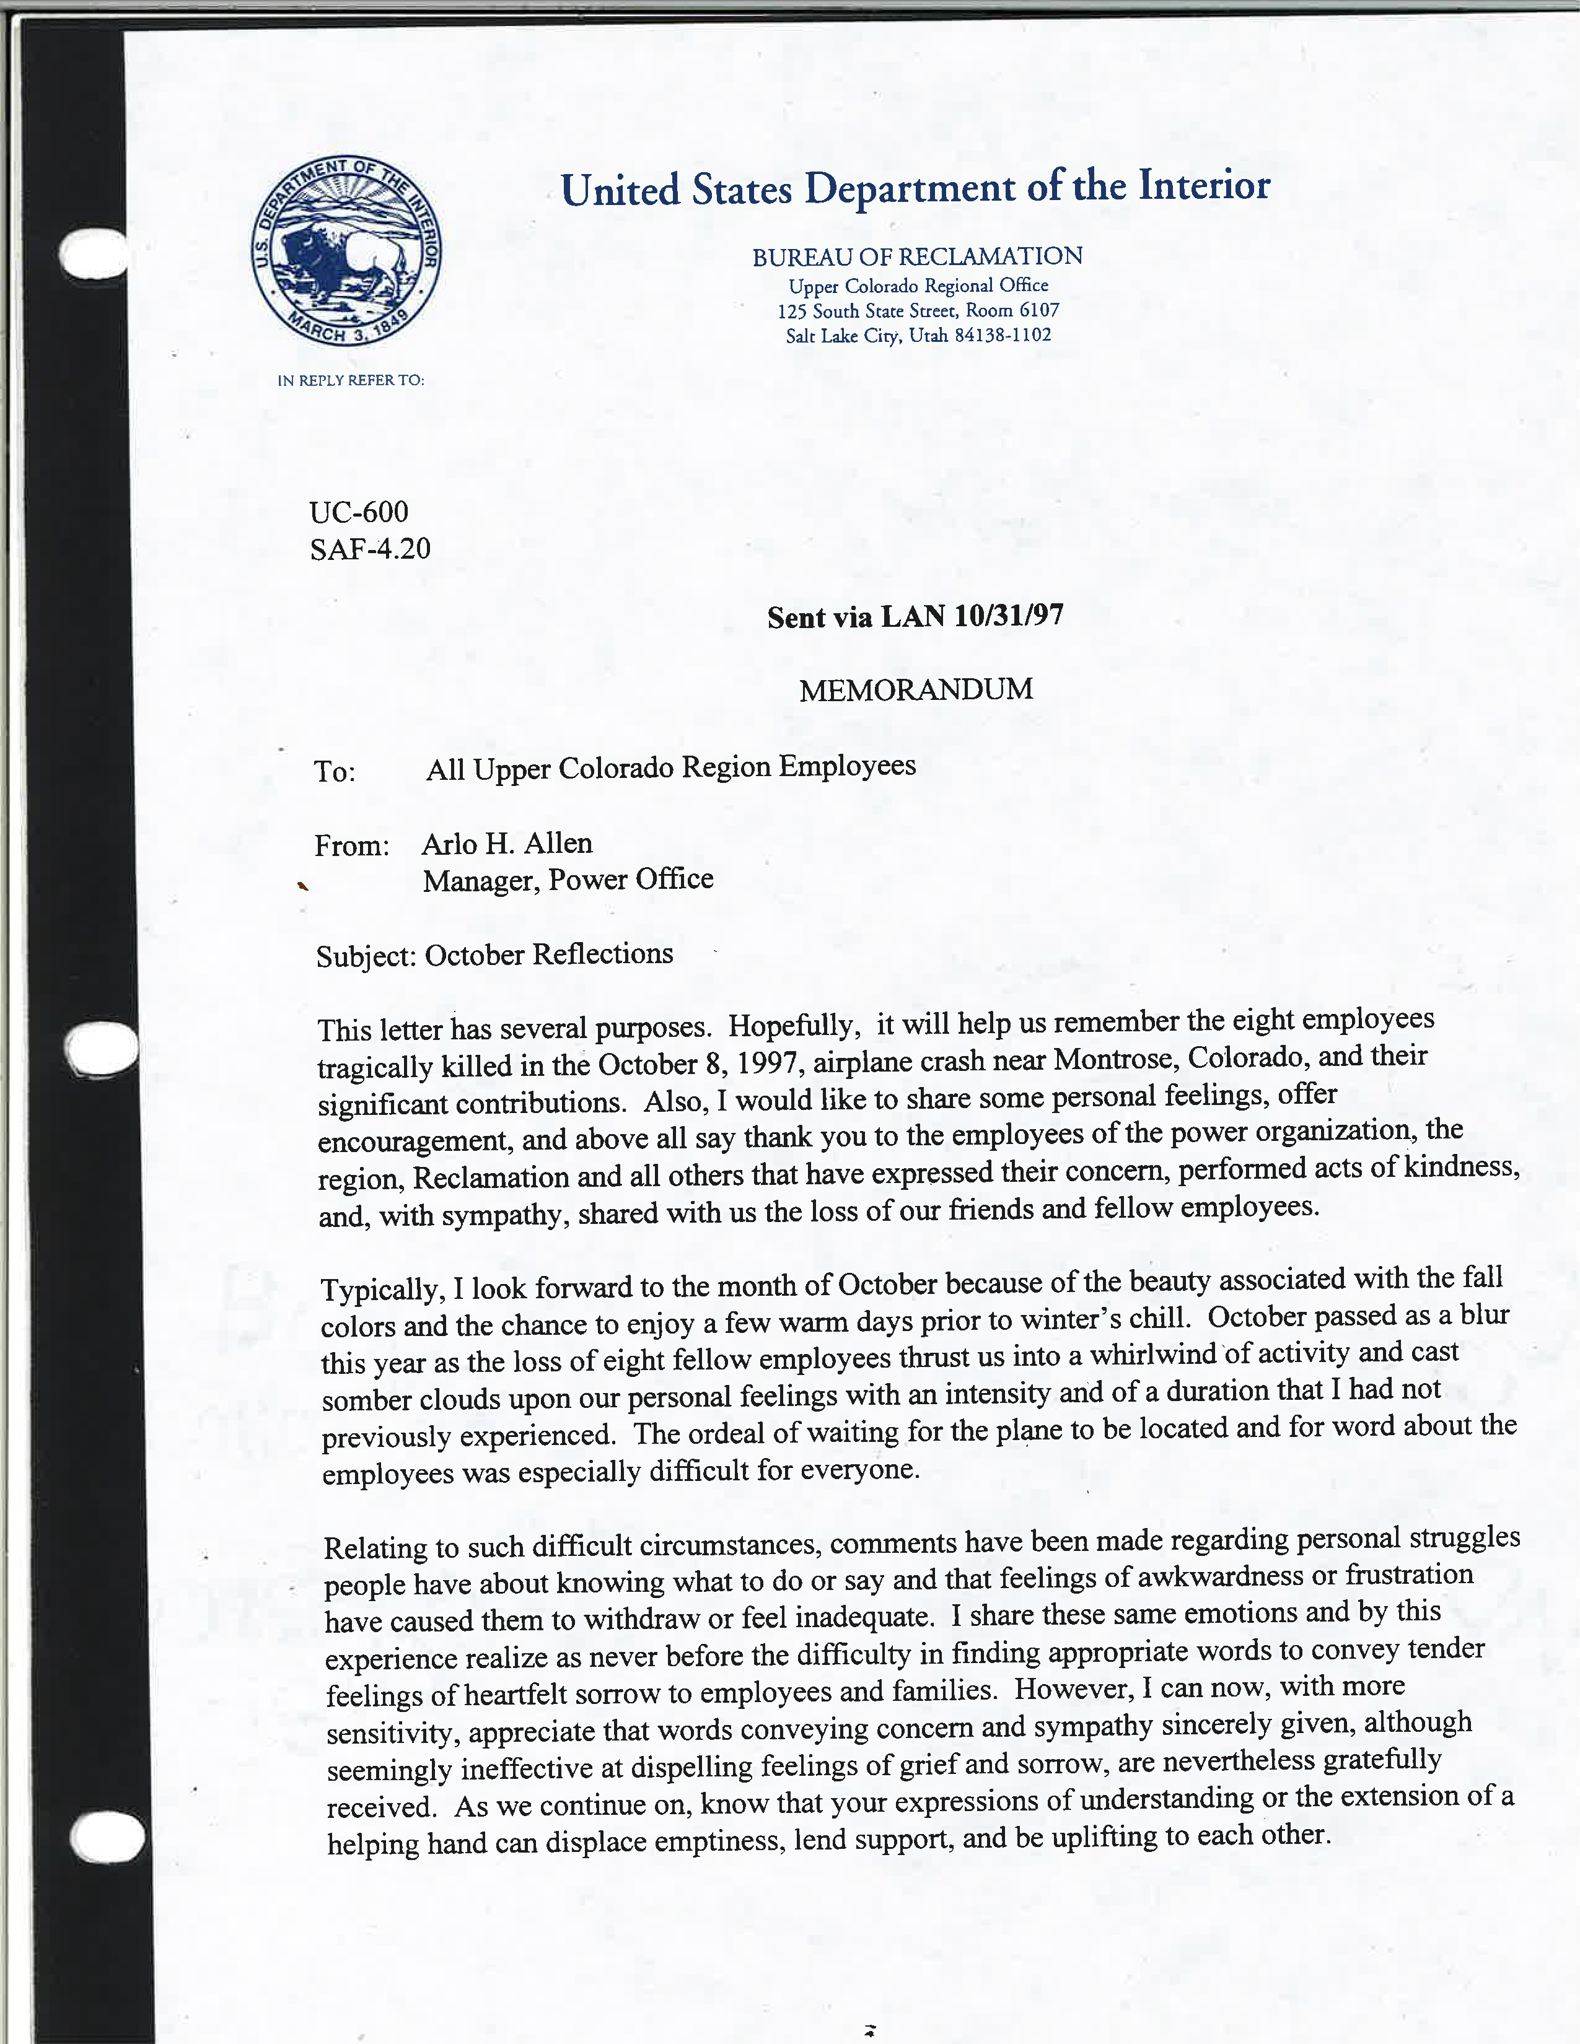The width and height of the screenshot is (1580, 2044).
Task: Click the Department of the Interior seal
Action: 346,251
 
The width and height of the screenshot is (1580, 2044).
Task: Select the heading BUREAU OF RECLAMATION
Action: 917,256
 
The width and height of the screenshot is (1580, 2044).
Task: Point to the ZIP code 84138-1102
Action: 1003,335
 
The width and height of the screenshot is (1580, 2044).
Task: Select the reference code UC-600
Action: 359,512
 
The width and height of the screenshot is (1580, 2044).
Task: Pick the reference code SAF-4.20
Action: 370,548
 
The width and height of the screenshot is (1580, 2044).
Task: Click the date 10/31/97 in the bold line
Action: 1009,616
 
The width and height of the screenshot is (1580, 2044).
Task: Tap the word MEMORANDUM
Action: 915,690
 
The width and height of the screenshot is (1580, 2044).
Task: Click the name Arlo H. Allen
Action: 506,843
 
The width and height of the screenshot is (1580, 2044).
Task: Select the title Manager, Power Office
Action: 567,880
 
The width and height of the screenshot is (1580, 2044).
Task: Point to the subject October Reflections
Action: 548,954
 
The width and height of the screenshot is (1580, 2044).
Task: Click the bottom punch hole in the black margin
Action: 107,1837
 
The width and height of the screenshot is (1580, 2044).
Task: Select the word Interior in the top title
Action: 1204,185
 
